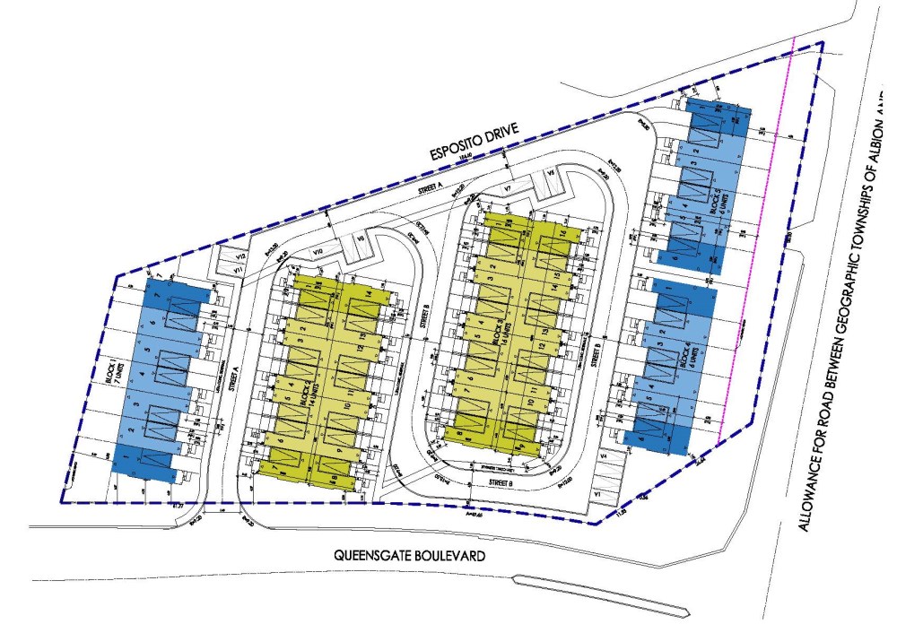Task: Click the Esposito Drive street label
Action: click(x=483, y=146)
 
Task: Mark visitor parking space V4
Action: click(x=604, y=457)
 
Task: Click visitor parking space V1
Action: click(x=597, y=494)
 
